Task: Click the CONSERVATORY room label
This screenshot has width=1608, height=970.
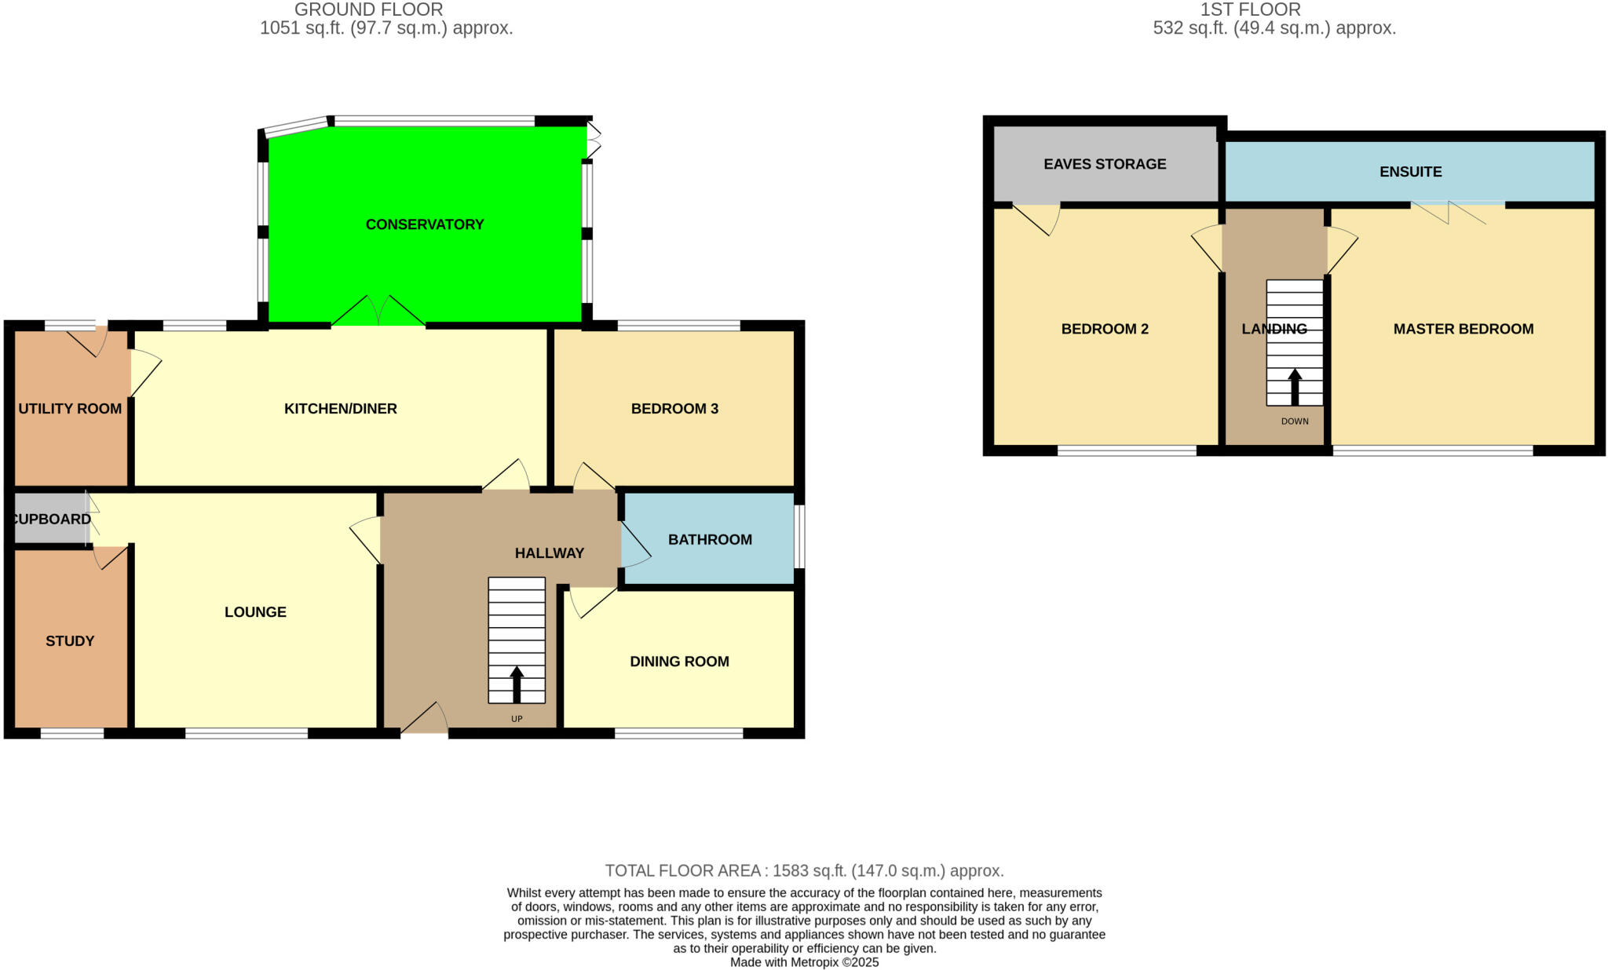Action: (x=425, y=224)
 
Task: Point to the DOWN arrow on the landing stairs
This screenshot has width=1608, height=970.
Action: (x=1295, y=386)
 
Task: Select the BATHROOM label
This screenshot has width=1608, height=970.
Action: (x=710, y=539)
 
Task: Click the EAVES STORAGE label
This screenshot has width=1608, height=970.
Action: (x=1105, y=164)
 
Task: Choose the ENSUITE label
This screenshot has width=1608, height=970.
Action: (x=1410, y=172)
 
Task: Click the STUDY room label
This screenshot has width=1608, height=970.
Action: (x=70, y=641)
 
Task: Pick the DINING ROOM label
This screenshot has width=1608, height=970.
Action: (x=679, y=662)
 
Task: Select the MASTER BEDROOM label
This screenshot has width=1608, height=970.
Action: (x=1463, y=329)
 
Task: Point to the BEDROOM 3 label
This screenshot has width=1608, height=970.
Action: (x=674, y=408)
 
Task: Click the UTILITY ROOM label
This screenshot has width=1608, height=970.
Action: (x=70, y=408)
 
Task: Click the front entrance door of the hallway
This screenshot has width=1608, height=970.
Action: (x=425, y=722)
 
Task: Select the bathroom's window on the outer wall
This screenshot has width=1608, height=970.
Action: (x=799, y=536)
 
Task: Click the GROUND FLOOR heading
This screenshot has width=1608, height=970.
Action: (x=368, y=9)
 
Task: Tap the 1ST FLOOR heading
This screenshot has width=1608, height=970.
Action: (x=1250, y=9)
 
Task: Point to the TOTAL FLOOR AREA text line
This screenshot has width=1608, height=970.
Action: (x=804, y=870)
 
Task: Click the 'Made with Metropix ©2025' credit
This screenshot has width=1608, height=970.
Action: (x=804, y=962)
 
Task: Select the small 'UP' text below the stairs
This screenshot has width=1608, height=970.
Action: (x=517, y=719)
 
